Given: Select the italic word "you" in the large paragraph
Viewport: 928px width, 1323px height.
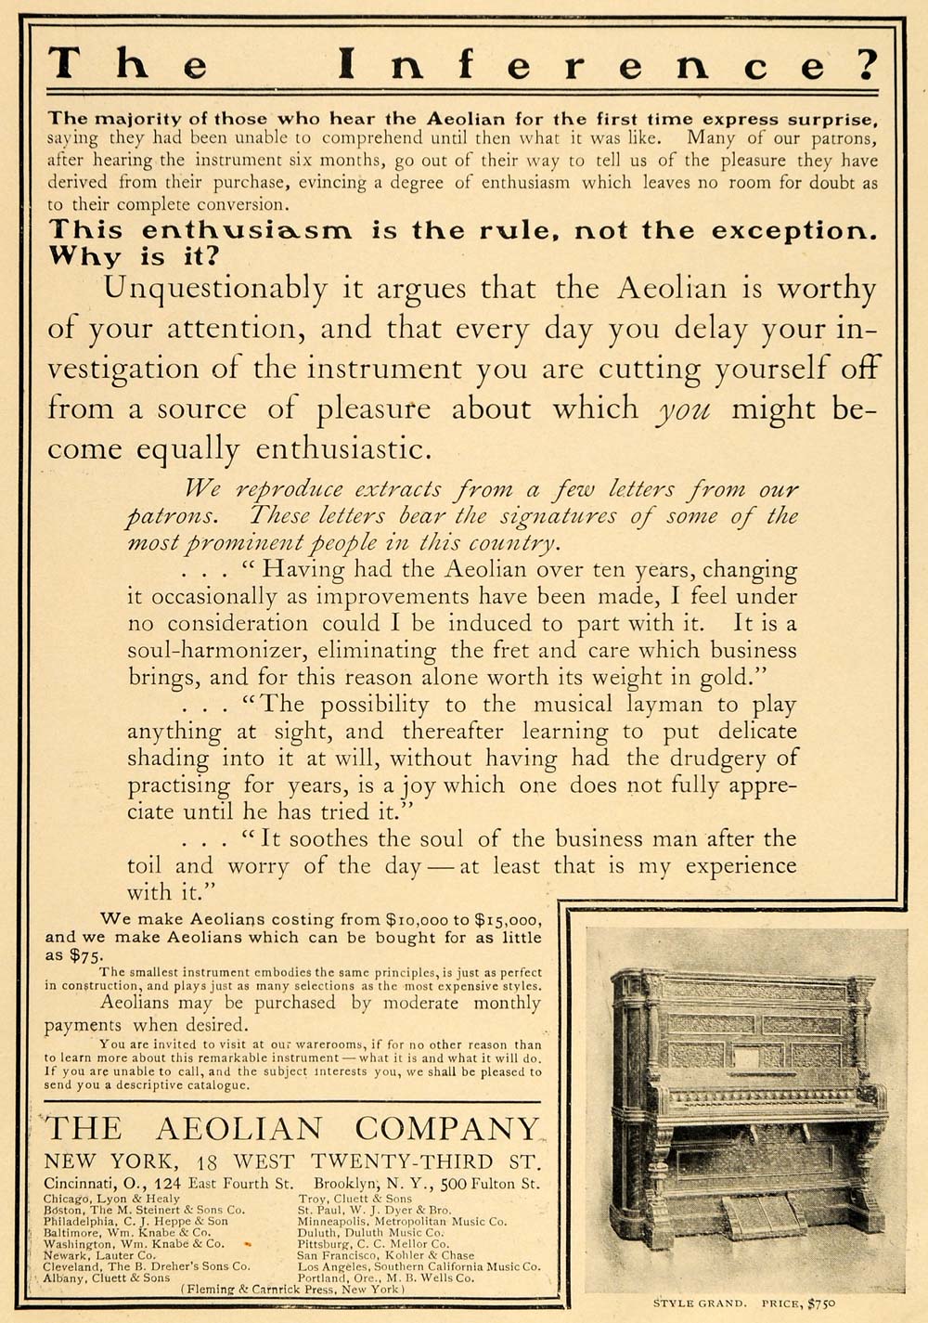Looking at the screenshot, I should coord(685,409).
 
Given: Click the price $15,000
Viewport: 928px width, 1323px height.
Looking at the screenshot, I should coord(507,919).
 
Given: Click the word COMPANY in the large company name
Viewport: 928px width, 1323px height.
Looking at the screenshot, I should coord(446,1129).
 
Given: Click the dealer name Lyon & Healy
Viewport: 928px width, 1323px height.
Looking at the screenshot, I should coord(147,1199).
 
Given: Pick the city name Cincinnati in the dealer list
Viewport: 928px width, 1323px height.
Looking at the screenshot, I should coord(79,1184).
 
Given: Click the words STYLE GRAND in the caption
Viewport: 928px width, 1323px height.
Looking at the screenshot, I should coord(699,1304).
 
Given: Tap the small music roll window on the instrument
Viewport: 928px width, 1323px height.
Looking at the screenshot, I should coord(743,1057).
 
